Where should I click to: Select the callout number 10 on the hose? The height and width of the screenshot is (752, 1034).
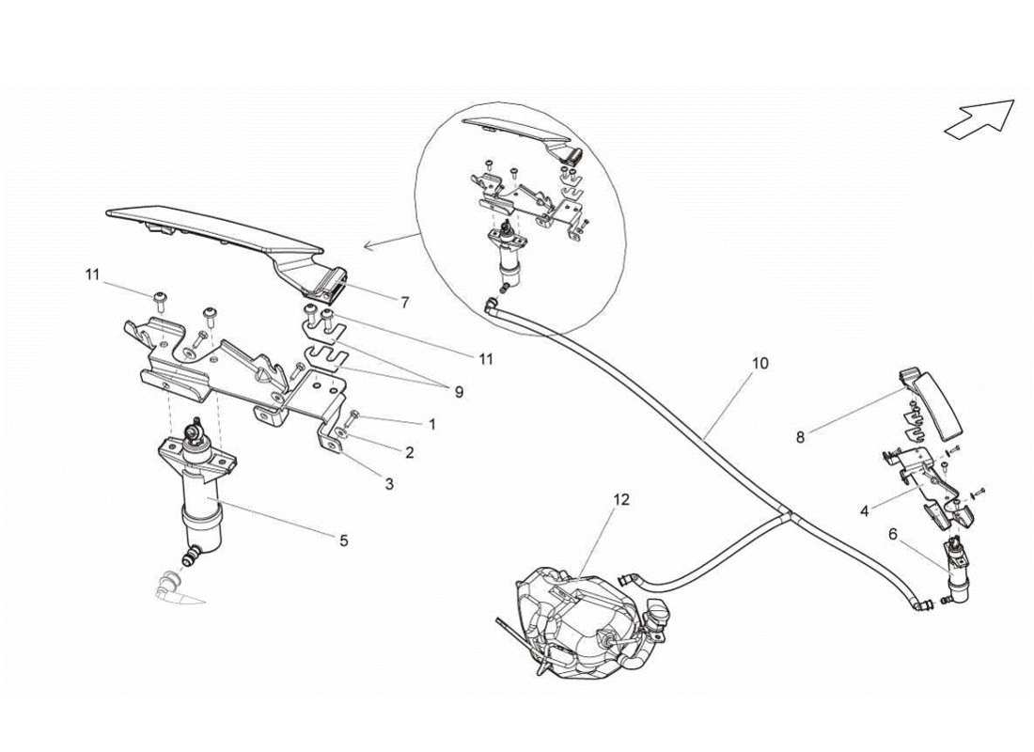pos(760,363)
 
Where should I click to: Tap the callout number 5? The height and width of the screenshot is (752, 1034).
pos(344,540)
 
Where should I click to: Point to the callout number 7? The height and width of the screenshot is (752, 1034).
pos(404,303)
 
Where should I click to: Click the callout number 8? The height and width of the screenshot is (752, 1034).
pos(801,436)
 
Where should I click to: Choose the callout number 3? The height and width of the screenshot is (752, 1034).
pos(389,484)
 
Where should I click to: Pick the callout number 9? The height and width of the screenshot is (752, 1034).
pos(459,392)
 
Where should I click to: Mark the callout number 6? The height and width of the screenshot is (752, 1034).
pos(892,533)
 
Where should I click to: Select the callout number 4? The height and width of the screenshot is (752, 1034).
pos(864,511)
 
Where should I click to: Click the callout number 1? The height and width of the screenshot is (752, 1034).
pos(431,424)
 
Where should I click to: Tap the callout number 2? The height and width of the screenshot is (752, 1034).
pos(410,452)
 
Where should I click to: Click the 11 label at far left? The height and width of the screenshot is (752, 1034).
pos(91,274)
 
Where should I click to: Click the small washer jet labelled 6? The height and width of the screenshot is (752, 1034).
pos(960,579)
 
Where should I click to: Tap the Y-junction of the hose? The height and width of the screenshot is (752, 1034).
pos(786,515)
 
